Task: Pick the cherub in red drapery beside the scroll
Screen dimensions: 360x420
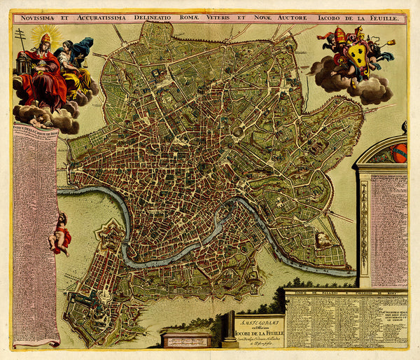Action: [x=60, y=234]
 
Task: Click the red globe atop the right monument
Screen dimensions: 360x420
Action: [x=399, y=153]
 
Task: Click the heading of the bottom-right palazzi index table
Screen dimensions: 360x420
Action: [x=346, y=292]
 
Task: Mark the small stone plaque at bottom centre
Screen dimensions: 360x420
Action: [x=186, y=340]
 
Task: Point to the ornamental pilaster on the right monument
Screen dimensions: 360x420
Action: [x=364, y=224]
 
